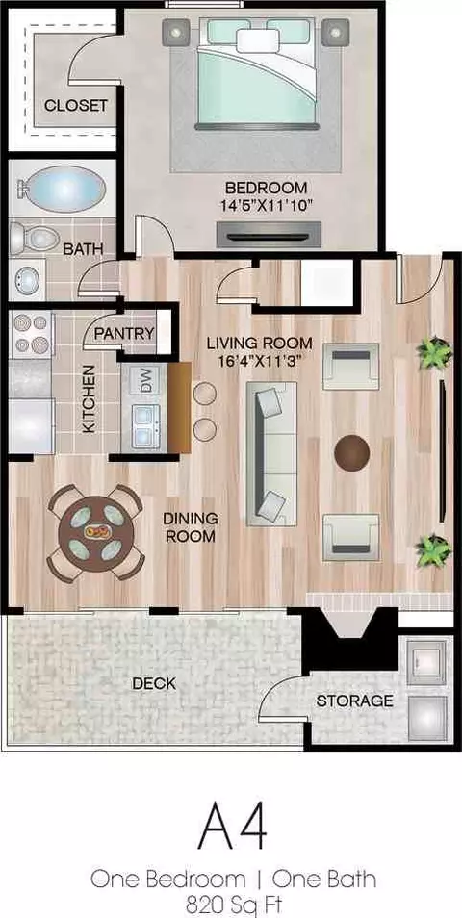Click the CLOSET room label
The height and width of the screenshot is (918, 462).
coord(76,106)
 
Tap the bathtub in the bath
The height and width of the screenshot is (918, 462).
coord(62,189)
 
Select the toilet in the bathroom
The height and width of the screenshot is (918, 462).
coord(35,239)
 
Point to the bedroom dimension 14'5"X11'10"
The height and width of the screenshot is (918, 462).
coord(267,206)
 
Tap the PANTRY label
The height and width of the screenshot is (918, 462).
coord(124,334)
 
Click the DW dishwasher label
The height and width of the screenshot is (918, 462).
coord(145,382)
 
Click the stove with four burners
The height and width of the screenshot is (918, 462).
coord(32,335)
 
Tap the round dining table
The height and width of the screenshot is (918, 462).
coord(95,533)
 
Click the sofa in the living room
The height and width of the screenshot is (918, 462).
coord(271,454)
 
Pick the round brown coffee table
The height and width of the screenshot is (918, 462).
coord(352,452)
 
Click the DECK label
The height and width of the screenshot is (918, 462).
coord(154,683)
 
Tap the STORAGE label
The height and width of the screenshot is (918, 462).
coord(354,701)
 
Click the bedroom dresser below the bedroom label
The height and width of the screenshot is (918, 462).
coord(269,235)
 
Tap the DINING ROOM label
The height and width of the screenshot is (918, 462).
coord(191,527)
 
